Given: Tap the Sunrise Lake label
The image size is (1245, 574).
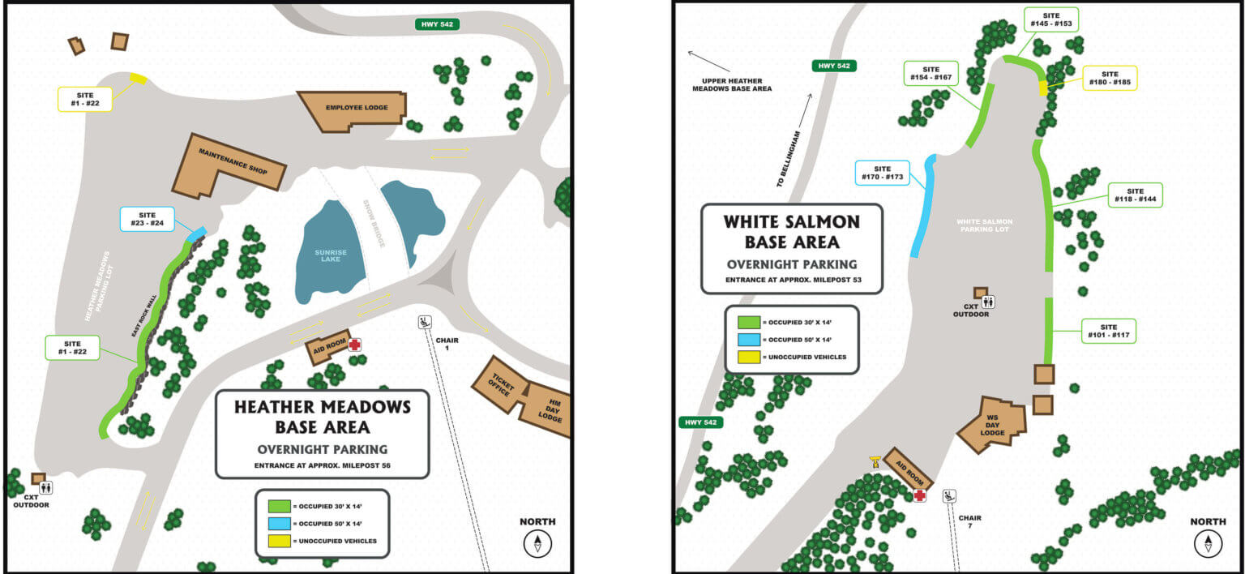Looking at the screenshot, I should click(331, 257).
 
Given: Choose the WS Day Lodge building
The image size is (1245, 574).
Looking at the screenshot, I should click(992, 425).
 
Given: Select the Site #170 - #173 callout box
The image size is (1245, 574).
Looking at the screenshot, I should click(883, 173).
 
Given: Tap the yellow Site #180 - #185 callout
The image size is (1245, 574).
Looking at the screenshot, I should click(1110, 78).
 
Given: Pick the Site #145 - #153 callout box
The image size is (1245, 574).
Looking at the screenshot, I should click(1051, 19).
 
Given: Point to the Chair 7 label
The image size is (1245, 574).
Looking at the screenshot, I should click(969, 521).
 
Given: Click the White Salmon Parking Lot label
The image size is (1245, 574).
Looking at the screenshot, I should click(985, 226).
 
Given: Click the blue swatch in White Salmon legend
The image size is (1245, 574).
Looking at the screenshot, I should click(748, 340).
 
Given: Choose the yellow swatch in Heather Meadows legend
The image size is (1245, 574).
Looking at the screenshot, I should click(278, 540).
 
